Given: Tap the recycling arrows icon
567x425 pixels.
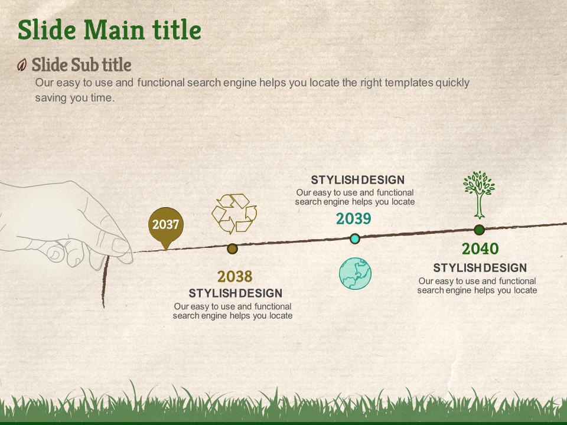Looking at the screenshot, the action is (x=234, y=214).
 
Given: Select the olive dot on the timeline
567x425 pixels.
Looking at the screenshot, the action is (x=232, y=249).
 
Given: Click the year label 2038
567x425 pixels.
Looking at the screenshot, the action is (x=234, y=277).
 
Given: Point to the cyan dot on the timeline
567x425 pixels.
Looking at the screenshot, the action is (x=355, y=238).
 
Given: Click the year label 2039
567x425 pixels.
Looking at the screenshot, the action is (x=353, y=218).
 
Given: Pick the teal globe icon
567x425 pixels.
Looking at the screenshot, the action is (x=355, y=273).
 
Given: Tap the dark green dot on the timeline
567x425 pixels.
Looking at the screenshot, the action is (x=479, y=230).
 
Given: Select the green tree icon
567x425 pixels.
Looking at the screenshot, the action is (x=479, y=195).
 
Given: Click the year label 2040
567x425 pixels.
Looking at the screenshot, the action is (x=480, y=249).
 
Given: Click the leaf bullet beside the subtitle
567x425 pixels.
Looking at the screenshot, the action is (x=22, y=65).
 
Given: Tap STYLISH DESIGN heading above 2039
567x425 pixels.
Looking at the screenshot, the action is (x=358, y=180).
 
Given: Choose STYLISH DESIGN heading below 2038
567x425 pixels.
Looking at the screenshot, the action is (x=236, y=293).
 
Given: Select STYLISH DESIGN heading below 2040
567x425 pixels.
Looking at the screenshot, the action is (x=480, y=268).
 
